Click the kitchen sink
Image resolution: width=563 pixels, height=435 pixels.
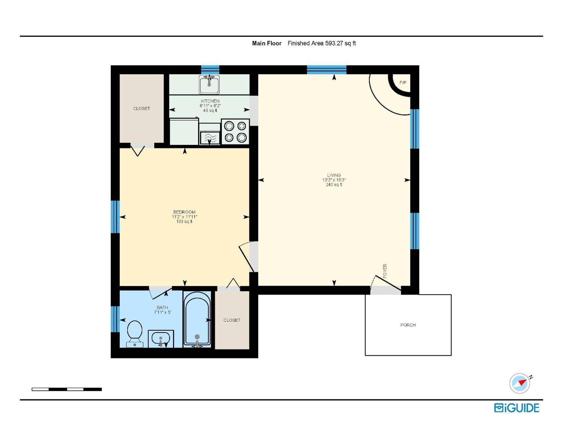[209, 84]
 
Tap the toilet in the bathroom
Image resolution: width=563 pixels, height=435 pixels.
[135, 332]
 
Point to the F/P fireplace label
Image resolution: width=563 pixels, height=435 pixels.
[403, 82]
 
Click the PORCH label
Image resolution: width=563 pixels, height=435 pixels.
[408, 325]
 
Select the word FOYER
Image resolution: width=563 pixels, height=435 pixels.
[385, 271]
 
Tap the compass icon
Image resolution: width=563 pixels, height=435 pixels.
[520, 383]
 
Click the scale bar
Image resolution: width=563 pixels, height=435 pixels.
[67, 389]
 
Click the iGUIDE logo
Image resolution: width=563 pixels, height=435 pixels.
[517, 408]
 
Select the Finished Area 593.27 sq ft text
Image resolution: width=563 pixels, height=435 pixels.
[321, 43]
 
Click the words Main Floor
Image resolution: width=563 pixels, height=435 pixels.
[267, 43]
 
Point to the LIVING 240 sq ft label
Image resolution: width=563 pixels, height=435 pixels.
[334, 180]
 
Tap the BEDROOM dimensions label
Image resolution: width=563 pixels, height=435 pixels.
[184, 217]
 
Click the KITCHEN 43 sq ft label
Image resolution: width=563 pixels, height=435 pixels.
[210, 106]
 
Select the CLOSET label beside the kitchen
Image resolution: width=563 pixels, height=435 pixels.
[141, 108]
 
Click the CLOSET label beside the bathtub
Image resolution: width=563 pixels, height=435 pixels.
[232, 320]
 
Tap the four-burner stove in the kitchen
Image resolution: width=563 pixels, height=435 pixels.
[235, 132]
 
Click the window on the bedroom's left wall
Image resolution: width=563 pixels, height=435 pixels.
[115, 217]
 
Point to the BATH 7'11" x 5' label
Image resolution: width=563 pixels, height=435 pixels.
[162, 310]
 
